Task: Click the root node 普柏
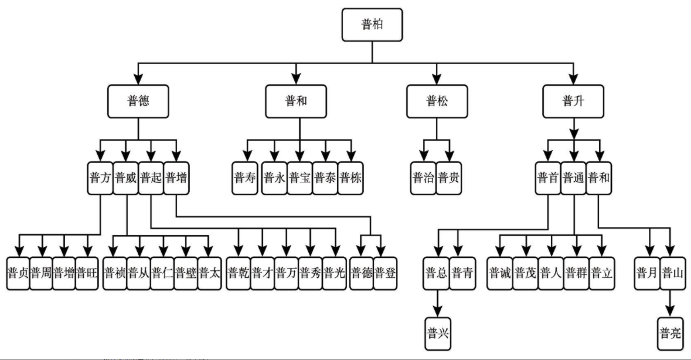point(372,24)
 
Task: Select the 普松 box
point(436,101)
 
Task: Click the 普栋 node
point(350,178)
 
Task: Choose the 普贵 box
point(449,178)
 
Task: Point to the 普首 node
point(548,178)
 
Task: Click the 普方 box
point(100,178)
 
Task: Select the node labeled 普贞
point(18,273)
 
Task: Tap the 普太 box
point(209,273)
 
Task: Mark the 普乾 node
point(238,273)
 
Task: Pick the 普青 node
point(461,273)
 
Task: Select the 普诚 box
point(501,273)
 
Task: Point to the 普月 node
point(648,273)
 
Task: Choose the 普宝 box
point(300,178)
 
